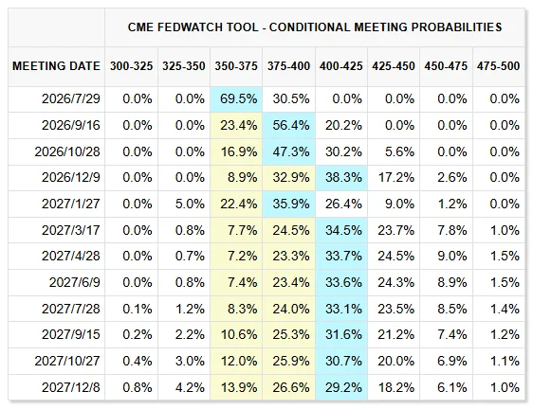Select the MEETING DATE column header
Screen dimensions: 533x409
point(56,66)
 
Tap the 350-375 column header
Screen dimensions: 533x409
point(236,66)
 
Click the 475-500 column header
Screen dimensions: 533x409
point(498,66)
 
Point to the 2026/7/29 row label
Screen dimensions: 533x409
point(71,98)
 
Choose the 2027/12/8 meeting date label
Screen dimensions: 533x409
point(71,387)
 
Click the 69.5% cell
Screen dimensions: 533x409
point(239,98)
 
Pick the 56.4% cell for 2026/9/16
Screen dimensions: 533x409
point(291,125)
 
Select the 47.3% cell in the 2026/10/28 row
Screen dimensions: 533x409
point(291,151)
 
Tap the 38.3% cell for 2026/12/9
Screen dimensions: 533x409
point(343,177)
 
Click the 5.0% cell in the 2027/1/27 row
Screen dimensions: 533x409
point(190,204)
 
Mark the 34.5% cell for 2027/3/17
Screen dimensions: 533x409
point(343,230)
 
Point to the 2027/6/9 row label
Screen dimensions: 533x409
point(75,282)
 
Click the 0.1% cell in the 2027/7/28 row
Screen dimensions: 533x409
point(138,309)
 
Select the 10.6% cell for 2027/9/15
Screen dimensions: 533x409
point(239,334)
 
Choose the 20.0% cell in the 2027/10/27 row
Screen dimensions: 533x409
point(396,361)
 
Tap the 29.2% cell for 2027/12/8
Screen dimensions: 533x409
point(343,387)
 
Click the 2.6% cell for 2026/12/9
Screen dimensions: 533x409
point(452,177)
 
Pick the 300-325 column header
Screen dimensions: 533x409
point(131,66)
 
